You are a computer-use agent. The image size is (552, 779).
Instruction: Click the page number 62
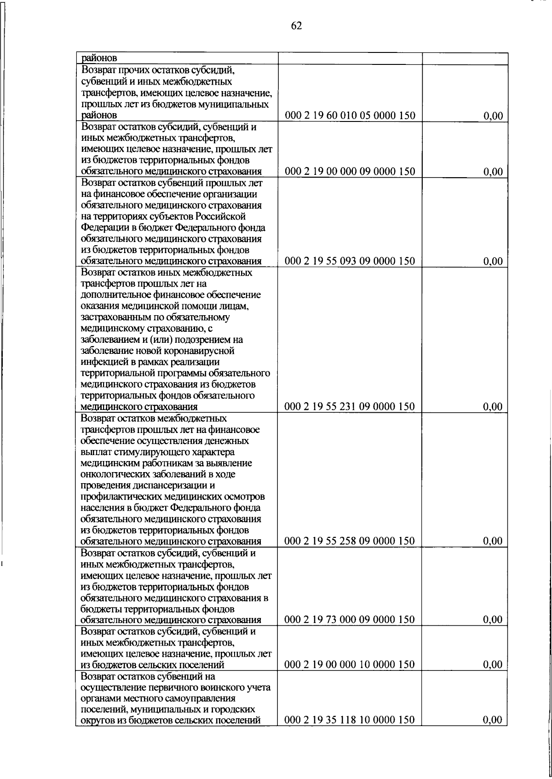coord(296,26)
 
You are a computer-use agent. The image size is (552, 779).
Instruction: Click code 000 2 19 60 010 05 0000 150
coord(350,115)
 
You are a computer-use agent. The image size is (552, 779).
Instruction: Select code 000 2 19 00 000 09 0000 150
coord(350,172)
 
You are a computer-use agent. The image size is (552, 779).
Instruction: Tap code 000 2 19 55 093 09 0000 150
coord(350,261)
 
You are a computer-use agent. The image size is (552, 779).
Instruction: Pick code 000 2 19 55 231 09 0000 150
coord(350,406)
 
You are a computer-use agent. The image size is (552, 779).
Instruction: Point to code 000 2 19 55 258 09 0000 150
coord(350,541)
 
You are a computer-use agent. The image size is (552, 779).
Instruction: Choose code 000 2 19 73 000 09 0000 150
coord(350,619)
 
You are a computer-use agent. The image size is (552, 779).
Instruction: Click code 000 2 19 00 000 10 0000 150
coord(350,664)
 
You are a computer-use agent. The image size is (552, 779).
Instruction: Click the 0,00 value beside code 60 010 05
coord(493,116)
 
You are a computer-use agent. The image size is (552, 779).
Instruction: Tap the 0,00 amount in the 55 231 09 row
coord(493,407)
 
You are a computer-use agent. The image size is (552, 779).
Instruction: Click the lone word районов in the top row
coord(99,58)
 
